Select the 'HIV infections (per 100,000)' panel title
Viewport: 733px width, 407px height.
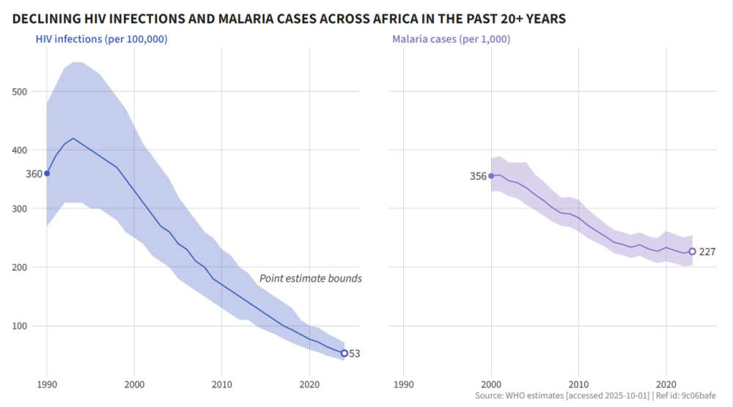[102, 39]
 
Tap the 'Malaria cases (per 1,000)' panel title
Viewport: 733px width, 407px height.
[452, 39]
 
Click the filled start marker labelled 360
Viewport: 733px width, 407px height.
[47, 173]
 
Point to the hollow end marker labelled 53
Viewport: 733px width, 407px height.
[345, 353]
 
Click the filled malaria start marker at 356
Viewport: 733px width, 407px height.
[491, 176]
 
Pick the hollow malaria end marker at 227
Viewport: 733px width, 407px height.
[692, 252]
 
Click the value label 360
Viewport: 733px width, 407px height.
[34, 174]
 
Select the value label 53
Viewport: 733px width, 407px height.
[354, 353]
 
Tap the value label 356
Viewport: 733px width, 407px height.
[478, 176]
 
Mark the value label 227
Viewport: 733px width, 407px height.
[707, 252]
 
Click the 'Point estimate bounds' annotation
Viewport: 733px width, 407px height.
[310, 279]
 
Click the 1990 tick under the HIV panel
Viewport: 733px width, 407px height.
[47, 384]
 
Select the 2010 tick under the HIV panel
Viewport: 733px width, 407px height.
[222, 384]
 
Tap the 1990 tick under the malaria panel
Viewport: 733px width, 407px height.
[403, 384]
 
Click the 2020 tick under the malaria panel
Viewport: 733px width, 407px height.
[666, 384]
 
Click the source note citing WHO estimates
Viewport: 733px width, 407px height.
[595, 396]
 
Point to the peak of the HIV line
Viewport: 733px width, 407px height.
[73, 138]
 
